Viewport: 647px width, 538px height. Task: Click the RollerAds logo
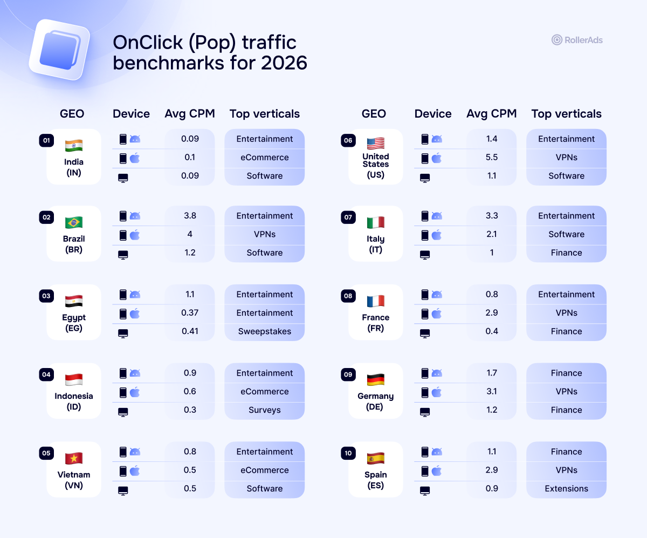[x=577, y=40]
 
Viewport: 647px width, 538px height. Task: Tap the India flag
[x=74, y=146]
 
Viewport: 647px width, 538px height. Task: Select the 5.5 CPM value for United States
[x=491, y=157]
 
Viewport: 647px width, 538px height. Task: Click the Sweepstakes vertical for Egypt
[x=265, y=331]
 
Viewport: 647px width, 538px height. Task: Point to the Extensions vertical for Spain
[x=567, y=488]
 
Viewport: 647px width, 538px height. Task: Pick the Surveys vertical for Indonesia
[x=265, y=410]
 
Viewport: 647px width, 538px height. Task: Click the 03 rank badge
[x=46, y=296]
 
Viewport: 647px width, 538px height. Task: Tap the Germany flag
[x=376, y=379]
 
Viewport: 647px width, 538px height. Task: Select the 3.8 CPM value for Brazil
[x=190, y=215]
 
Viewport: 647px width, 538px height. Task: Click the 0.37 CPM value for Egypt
[x=190, y=312]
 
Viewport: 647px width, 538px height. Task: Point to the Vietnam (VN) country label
[x=74, y=480]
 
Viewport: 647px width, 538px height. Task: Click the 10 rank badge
[x=348, y=453]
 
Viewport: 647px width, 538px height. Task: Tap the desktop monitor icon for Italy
[x=425, y=255]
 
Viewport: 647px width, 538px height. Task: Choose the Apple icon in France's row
[x=437, y=314]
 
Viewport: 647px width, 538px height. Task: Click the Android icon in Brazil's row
[x=135, y=216]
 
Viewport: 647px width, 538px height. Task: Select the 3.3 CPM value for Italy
[x=492, y=215]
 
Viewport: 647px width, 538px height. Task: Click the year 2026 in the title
[x=284, y=63]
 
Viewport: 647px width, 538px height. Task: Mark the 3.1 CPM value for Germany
[x=491, y=391]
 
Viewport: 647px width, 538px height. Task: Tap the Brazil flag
[x=74, y=222]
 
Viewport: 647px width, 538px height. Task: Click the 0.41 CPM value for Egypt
[x=190, y=331]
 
